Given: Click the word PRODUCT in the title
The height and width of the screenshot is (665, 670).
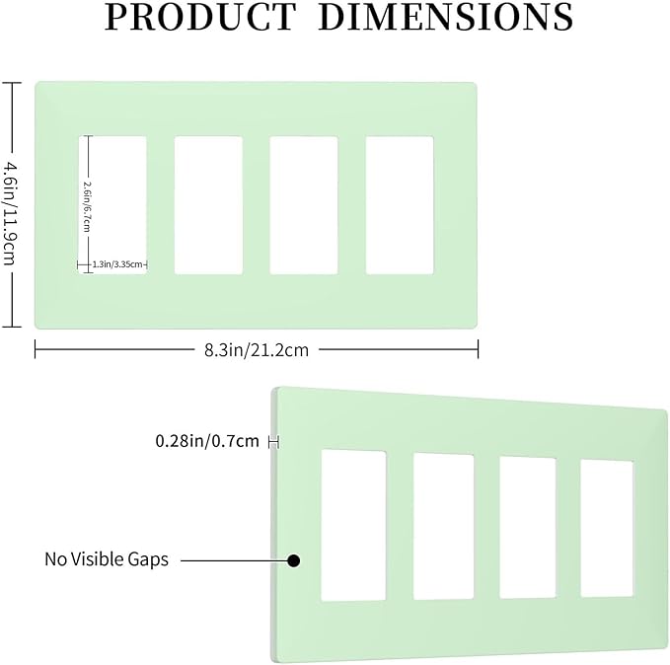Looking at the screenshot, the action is pos(200,17).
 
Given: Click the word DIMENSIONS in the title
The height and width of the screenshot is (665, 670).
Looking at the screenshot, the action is pos(446,17).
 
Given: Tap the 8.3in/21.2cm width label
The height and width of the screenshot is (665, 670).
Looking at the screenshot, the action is pos(257,350).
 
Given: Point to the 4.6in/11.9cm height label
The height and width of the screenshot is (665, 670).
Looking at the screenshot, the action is pos(10,212).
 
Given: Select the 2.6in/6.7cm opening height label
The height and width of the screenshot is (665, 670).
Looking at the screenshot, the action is pos(87,206).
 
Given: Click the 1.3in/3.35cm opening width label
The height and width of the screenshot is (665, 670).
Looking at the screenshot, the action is pos(117,264).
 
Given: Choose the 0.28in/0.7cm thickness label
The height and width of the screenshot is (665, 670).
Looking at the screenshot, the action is pos(207,441).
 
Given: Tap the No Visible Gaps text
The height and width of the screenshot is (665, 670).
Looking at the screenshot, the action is pos(107,559).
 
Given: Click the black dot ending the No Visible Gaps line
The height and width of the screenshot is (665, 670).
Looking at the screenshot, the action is pos(293,560).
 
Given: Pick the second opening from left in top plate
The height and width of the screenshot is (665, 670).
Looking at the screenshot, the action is pos(208,205).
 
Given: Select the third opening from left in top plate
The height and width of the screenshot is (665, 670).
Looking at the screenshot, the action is pos(304,205).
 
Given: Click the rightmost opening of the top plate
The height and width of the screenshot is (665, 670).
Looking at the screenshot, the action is pos(400,205).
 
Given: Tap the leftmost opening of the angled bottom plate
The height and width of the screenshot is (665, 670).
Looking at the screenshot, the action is pos(353,525).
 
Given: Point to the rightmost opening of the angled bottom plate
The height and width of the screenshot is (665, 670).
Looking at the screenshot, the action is pos(607,528).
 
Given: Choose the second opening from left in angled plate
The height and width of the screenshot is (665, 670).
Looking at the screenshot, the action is pos(443,526).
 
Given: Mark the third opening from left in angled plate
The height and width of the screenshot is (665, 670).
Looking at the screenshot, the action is pos(528,528).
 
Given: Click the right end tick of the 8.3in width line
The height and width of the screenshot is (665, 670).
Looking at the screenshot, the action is pos(478,349).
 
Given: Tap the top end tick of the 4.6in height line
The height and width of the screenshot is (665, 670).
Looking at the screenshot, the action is pos(12,83).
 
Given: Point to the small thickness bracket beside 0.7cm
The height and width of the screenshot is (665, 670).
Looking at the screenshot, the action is pos(273,442).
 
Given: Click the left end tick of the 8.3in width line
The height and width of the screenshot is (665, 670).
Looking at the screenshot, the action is pos(36,349).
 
